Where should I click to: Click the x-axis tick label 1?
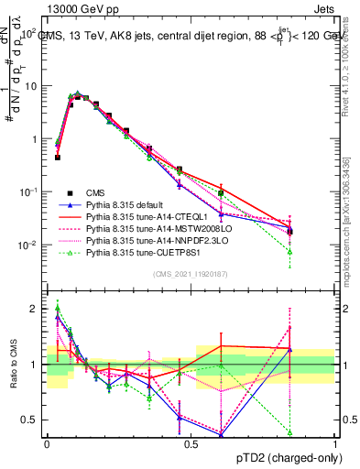click(x=334, y=444)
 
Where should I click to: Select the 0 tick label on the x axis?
click(x=47, y=444)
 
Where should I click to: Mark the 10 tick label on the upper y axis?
click(x=31, y=85)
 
